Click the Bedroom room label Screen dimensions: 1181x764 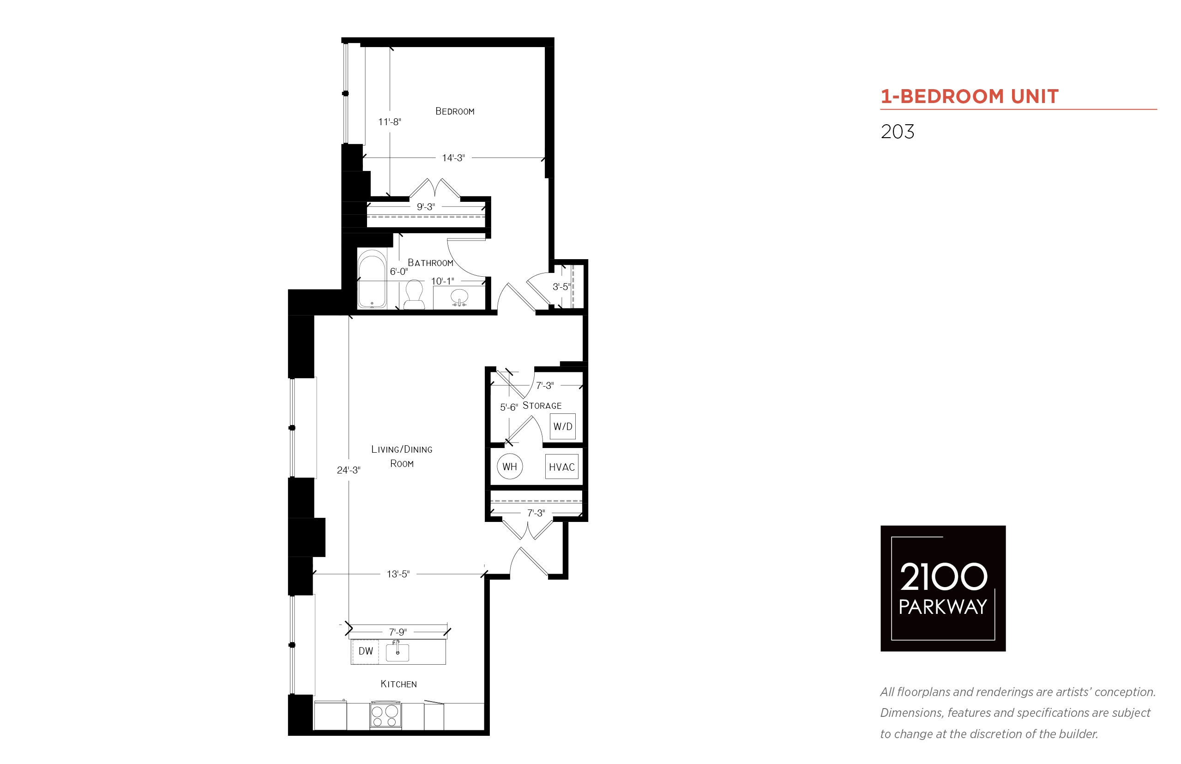point(455,111)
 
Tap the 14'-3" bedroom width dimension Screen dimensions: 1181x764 point(453,158)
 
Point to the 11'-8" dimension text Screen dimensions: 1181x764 point(389,121)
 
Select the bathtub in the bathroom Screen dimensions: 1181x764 point(372,279)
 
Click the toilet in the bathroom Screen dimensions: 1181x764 point(414,295)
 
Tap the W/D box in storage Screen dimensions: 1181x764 point(563,427)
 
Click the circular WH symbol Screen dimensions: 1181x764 point(510,467)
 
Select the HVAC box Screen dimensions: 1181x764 point(562,467)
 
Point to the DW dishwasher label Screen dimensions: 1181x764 point(365,651)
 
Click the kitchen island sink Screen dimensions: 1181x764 point(397,652)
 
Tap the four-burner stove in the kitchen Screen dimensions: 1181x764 point(385,715)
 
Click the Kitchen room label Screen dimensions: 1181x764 point(398,684)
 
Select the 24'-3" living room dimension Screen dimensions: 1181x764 point(349,470)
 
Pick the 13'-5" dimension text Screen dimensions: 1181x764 point(398,574)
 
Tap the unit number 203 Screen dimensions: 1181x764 point(897,132)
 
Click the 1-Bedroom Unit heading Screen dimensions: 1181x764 point(969,96)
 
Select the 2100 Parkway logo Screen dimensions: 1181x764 point(942,588)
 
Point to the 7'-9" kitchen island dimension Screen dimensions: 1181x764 point(398,632)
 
